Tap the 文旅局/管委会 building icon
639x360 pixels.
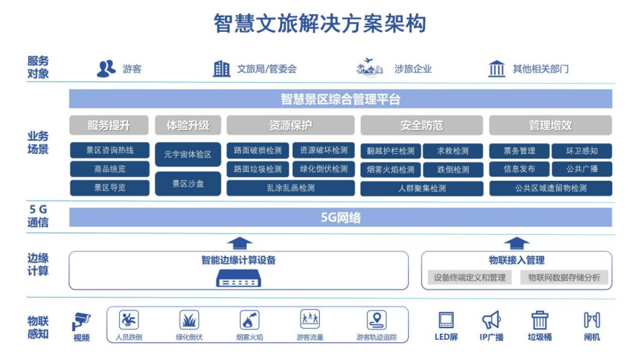[x=221, y=69]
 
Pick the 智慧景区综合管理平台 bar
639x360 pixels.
[x=341, y=99]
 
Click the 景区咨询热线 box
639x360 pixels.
[x=110, y=150]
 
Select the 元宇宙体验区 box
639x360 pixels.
[x=188, y=155]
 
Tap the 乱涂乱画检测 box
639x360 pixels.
[x=291, y=188]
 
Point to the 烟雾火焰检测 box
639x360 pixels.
[x=390, y=170]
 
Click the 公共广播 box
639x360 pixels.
[x=582, y=169]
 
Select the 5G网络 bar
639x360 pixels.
[x=341, y=217]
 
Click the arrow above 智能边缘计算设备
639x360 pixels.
[x=238, y=242]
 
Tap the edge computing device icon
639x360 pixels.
[x=238, y=279]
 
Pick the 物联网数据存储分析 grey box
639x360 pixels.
[x=565, y=278]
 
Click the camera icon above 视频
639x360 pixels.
[x=81, y=321]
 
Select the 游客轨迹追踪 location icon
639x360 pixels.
[x=377, y=320]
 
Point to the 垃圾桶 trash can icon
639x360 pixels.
[x=540, y=320]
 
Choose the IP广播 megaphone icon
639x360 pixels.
[x=491, y=320]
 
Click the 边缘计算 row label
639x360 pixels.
[x=39, y=264]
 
